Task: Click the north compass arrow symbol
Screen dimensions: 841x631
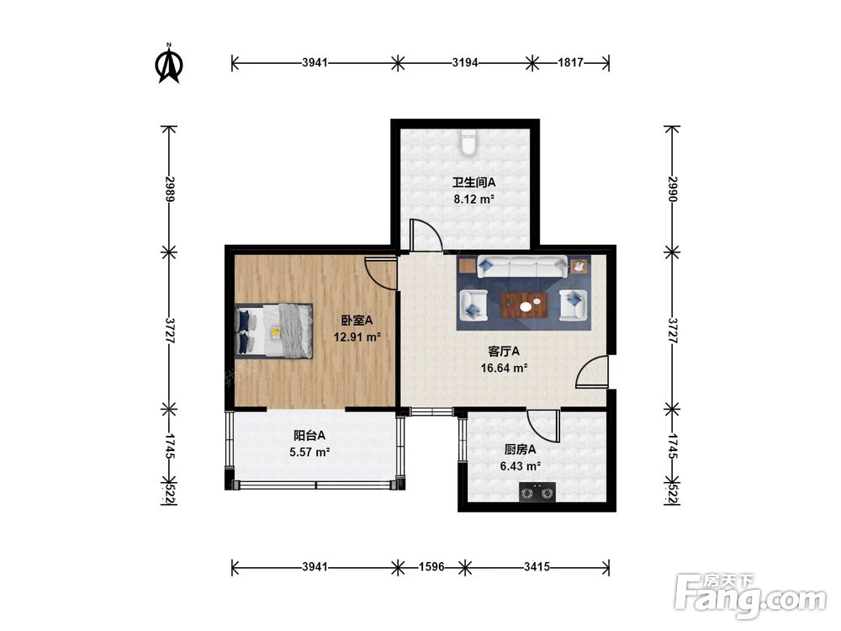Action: (x=169, y=65)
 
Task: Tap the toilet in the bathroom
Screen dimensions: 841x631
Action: (x=468, y=142)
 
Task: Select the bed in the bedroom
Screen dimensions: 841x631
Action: (x=273, y=331)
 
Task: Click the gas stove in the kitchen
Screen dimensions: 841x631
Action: (x=537, y=492)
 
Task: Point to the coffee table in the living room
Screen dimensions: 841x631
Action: (x=524, y=306)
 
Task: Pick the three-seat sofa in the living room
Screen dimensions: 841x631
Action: (x=522, y=268)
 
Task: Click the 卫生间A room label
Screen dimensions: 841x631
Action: (x=473, y=183)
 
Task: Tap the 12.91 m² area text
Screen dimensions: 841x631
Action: (x=357, y=337)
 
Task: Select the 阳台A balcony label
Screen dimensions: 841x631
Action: (x=309, y=435)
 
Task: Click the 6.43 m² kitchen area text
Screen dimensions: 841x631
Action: (x=521, y=466)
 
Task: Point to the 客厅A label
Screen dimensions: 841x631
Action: (x=504, y=352)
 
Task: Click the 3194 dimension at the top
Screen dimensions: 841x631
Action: (x=464, y=62)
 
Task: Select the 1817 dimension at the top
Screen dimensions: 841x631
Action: (x=570, y=62)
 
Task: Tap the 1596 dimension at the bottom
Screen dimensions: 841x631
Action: (x=431, y=566)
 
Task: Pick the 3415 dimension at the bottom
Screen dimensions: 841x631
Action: (x=537, y=566)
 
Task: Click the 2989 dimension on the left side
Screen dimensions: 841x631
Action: (x=170, y=188)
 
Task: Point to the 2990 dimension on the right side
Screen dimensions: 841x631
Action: (x=673, y=188)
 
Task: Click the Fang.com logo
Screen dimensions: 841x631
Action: (x=750, y=595)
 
